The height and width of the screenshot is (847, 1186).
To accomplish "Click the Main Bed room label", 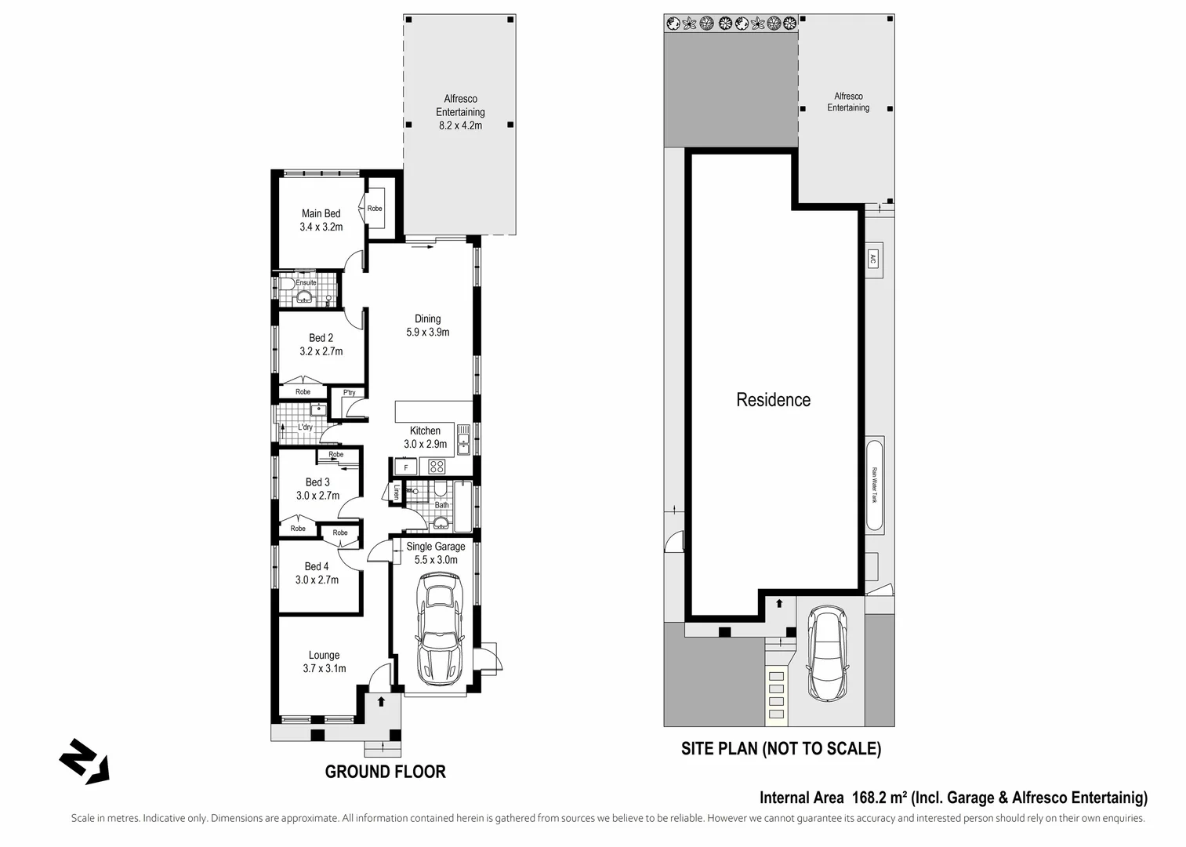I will (x=321, y=213).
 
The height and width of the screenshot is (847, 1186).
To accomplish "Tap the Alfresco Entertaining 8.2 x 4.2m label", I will (x=460, y=111).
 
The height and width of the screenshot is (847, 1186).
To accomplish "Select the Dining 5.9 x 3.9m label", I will (x=427, y=325).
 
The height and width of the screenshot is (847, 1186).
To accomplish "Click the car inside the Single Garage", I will (x=441, y=628).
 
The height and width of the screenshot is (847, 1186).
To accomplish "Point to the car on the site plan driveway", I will (x=826, y=655).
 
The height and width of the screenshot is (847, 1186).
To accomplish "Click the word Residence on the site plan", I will (x=773, y=400).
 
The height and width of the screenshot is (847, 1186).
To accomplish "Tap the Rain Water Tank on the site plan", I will (x=875, y=485).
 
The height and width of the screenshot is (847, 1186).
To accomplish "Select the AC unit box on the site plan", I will (x=872, y=259).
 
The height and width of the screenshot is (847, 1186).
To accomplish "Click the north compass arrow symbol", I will (x=84, y=761).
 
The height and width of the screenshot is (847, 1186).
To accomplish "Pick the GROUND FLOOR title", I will (x=385, y=772).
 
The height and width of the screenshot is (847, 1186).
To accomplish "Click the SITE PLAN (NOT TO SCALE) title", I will (x=781, y=749).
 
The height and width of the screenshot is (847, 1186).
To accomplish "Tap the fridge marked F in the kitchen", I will (x=405, y=467).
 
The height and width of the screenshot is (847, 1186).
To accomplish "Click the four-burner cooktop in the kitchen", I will (x=437, y=467).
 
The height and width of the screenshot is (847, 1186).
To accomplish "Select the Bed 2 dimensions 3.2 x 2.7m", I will (x=321, y=351).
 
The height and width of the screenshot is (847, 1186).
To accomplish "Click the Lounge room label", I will (x=324, y=655).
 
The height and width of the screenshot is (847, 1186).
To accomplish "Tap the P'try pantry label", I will (x=349, y=393).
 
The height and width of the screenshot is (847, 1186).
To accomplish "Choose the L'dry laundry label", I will (x=305, y=427).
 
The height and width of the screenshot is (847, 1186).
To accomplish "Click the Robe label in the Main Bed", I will (x=375, y=209).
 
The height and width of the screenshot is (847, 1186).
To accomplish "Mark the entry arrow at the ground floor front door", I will (x=381, y=701).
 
